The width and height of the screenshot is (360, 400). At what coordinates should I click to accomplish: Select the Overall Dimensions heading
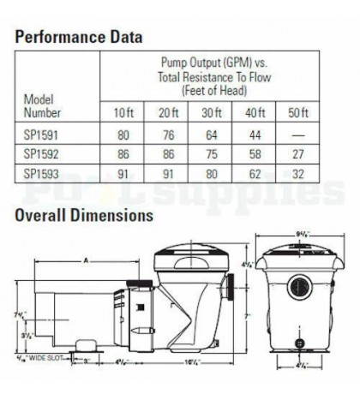coord(83,215)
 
